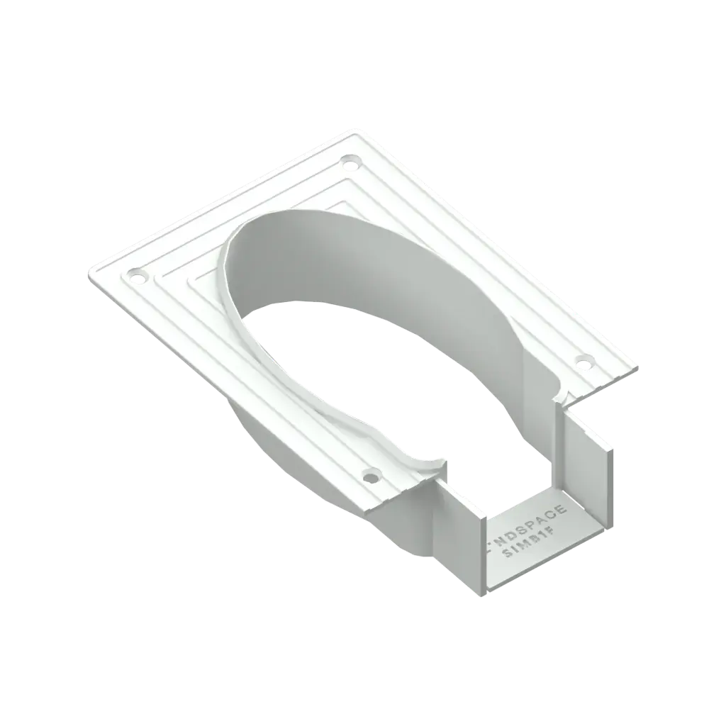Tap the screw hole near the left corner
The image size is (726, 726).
click(x=134, y=275)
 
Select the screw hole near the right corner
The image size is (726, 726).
click(x=583, y=364)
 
